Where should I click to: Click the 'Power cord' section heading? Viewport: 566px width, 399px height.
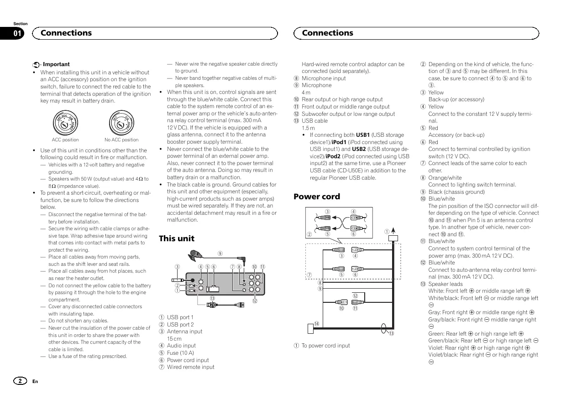316,197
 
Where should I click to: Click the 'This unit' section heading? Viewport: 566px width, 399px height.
176,238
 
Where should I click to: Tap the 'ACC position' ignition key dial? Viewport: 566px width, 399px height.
65,122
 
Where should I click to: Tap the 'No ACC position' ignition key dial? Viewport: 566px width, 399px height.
121,122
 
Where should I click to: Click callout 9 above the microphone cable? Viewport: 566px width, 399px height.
220,254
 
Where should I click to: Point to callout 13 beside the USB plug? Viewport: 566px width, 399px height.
212,298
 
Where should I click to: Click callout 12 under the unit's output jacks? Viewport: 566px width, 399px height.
255,301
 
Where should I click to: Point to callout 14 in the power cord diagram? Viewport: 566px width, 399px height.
315,323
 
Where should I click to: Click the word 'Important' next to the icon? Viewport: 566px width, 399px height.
56,64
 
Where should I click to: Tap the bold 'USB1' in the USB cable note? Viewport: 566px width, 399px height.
362,135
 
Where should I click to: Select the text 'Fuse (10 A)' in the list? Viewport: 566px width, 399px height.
180,353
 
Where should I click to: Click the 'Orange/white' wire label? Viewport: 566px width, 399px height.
445,178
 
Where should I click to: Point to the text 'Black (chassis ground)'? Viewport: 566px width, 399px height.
456,192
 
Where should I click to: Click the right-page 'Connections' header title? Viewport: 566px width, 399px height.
327,33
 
